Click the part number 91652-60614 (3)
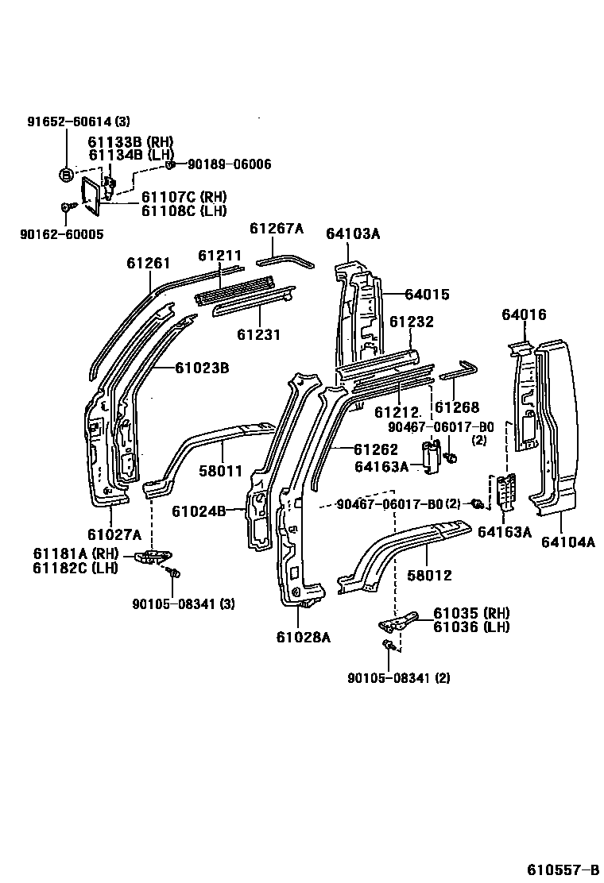coord(78,121)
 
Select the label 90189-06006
coord(229,164)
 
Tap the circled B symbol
coord(67,175)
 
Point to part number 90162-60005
coord(64,235)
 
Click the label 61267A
coord(276,229)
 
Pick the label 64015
coord(427,295)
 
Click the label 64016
coord(524,315)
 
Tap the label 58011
coord(220,472)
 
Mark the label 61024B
coord(219,511)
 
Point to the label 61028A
coord(303,636)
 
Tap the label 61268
coord(457,407)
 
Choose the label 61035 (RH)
coord(471,613)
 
